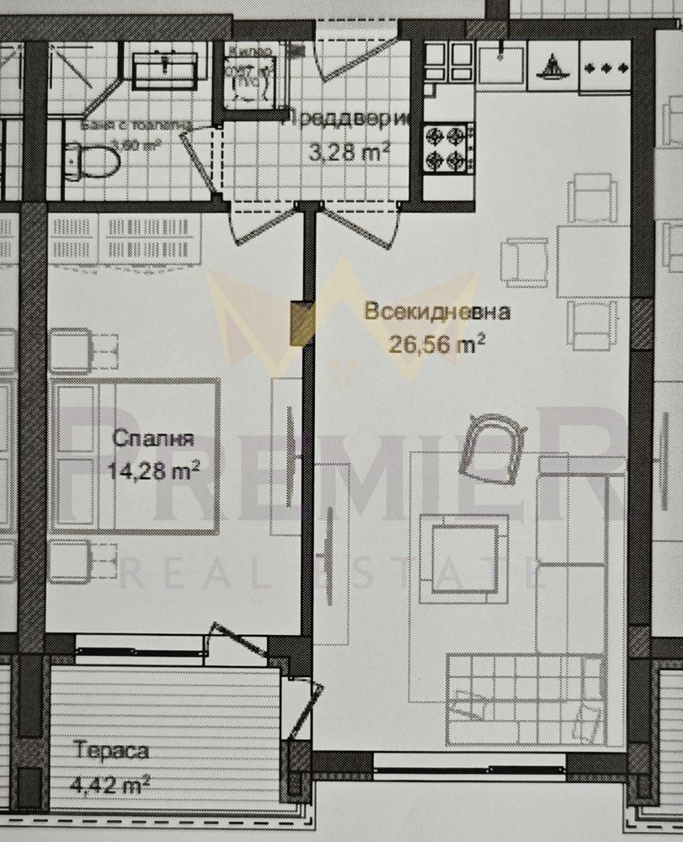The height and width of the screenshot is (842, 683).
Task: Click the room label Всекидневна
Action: (437, 312)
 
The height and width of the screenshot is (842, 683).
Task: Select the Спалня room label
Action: (152, 439)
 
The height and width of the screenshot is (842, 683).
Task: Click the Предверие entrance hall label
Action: (347, 120)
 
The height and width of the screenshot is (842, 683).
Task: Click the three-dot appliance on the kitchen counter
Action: (606, 66)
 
